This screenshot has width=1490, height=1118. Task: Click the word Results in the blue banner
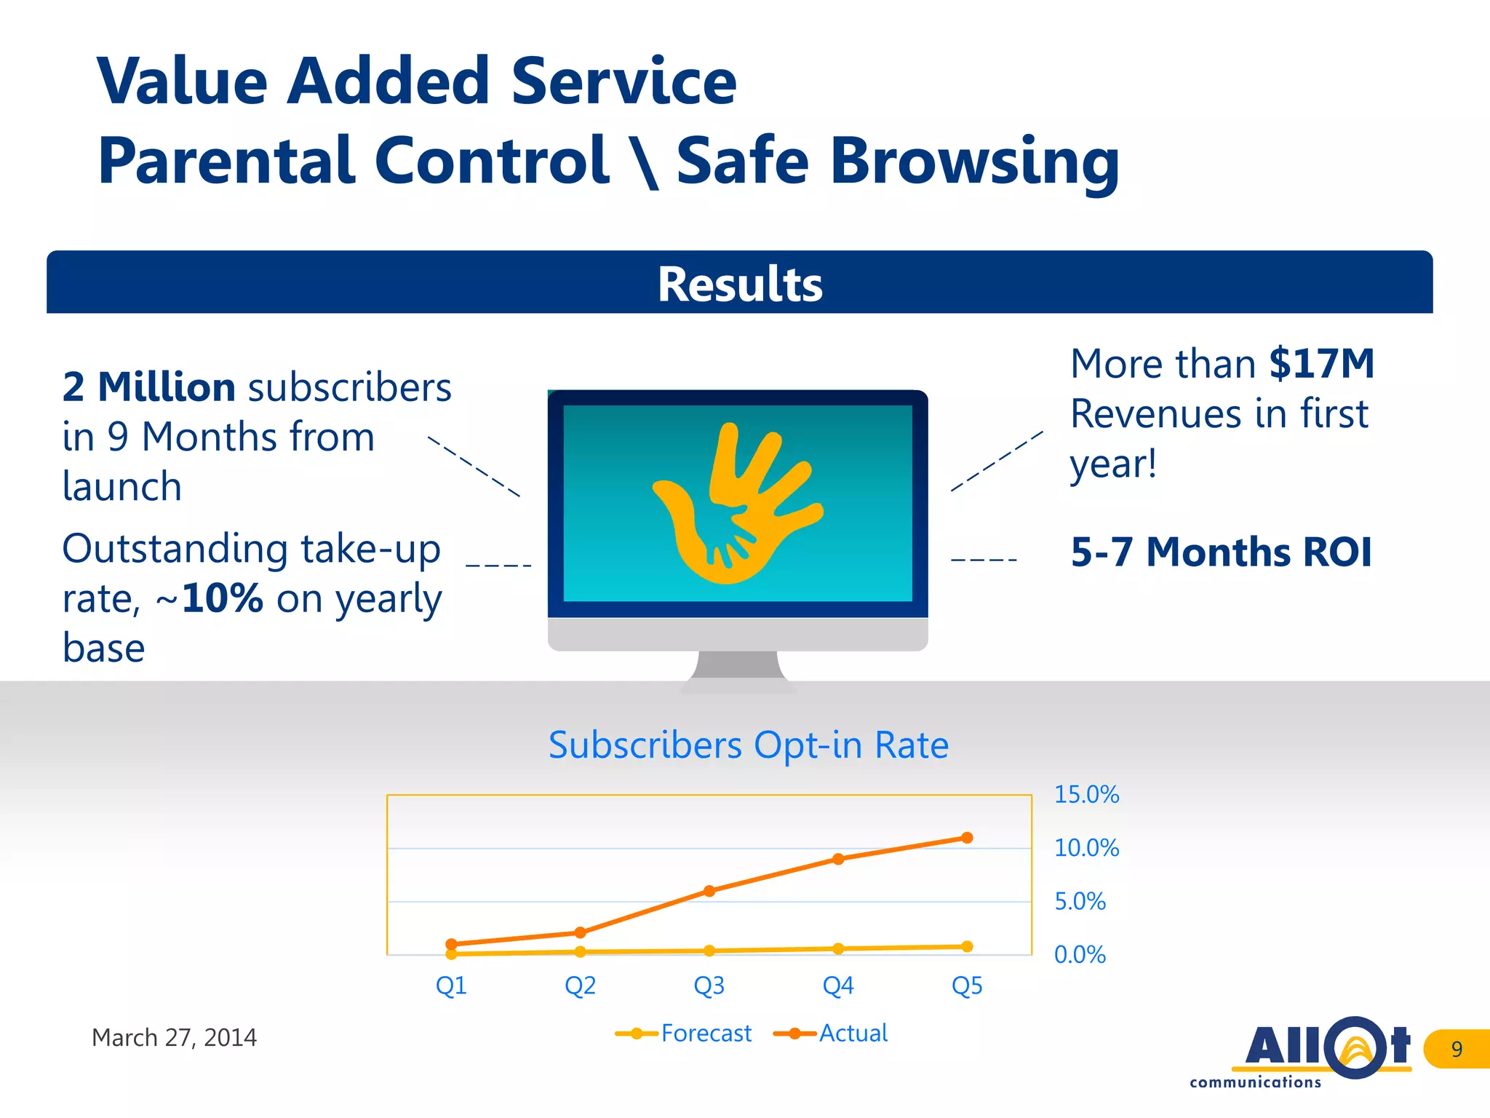740,284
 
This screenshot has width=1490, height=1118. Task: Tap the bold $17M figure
1321,364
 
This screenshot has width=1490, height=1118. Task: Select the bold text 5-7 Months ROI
1221,552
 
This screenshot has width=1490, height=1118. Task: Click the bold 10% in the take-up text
222,598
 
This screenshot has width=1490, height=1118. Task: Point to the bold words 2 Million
148,387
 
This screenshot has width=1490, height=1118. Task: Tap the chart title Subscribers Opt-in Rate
748,745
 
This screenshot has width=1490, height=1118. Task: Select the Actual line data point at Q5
967,838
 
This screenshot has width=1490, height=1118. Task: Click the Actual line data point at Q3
709,891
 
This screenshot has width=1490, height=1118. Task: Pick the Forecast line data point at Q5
967,946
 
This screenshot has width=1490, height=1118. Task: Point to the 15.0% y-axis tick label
1086,794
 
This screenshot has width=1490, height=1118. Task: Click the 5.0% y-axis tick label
1080,901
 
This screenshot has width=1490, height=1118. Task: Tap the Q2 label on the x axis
580,986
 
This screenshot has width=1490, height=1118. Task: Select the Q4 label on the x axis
837,986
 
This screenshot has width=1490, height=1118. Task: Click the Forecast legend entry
684,1034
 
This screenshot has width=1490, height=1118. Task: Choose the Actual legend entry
832,1034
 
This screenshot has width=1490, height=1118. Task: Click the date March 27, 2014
174,1037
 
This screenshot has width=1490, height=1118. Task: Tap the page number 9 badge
1457,1049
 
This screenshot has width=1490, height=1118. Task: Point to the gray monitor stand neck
737,664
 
